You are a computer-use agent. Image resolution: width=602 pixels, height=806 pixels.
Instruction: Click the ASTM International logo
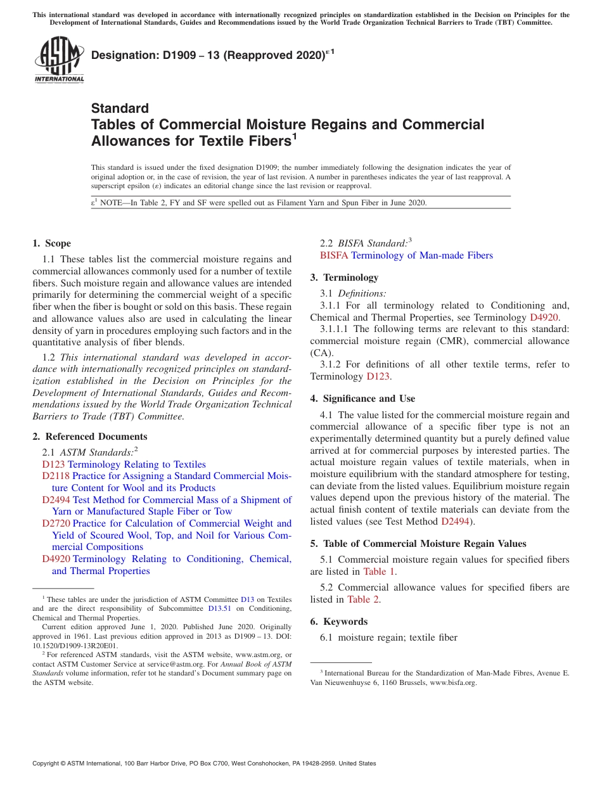point(59,60)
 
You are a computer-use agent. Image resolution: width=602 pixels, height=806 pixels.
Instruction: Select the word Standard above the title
point(120,108)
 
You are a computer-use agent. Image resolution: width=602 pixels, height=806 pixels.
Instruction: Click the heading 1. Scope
point(51,243)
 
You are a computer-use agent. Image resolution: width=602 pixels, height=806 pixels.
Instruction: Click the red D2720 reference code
point(56,523)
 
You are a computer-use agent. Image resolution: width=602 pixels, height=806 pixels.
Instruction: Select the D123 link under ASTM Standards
point(53,464)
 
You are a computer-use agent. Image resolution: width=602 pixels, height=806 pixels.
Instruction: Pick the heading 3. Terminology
point(344,278)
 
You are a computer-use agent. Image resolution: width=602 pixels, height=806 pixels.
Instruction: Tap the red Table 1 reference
point(379,571)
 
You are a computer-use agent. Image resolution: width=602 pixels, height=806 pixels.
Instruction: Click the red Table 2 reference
point(363,599)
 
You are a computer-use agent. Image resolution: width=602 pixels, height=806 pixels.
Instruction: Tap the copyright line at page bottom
point(204,764)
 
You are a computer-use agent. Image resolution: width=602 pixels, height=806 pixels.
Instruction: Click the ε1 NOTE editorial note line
point(259,203)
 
